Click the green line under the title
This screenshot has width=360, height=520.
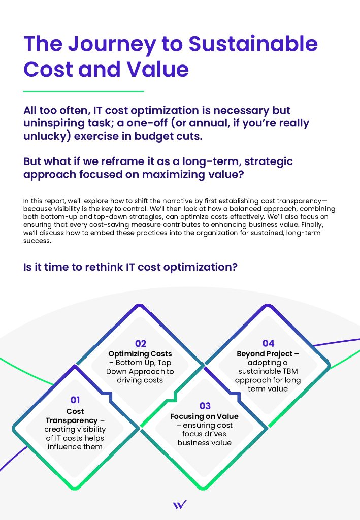pos(84,91)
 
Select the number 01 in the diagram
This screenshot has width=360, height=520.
pos(75,400)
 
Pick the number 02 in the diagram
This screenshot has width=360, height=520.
pos(140,344)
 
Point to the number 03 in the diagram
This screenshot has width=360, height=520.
pos(205,406)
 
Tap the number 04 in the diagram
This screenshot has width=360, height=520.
pos(268,344)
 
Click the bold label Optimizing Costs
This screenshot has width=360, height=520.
pos(140,353)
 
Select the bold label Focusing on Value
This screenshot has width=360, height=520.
pos(205,416)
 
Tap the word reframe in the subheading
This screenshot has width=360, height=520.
pos(117,161)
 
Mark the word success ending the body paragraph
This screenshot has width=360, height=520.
pos(37,241)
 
